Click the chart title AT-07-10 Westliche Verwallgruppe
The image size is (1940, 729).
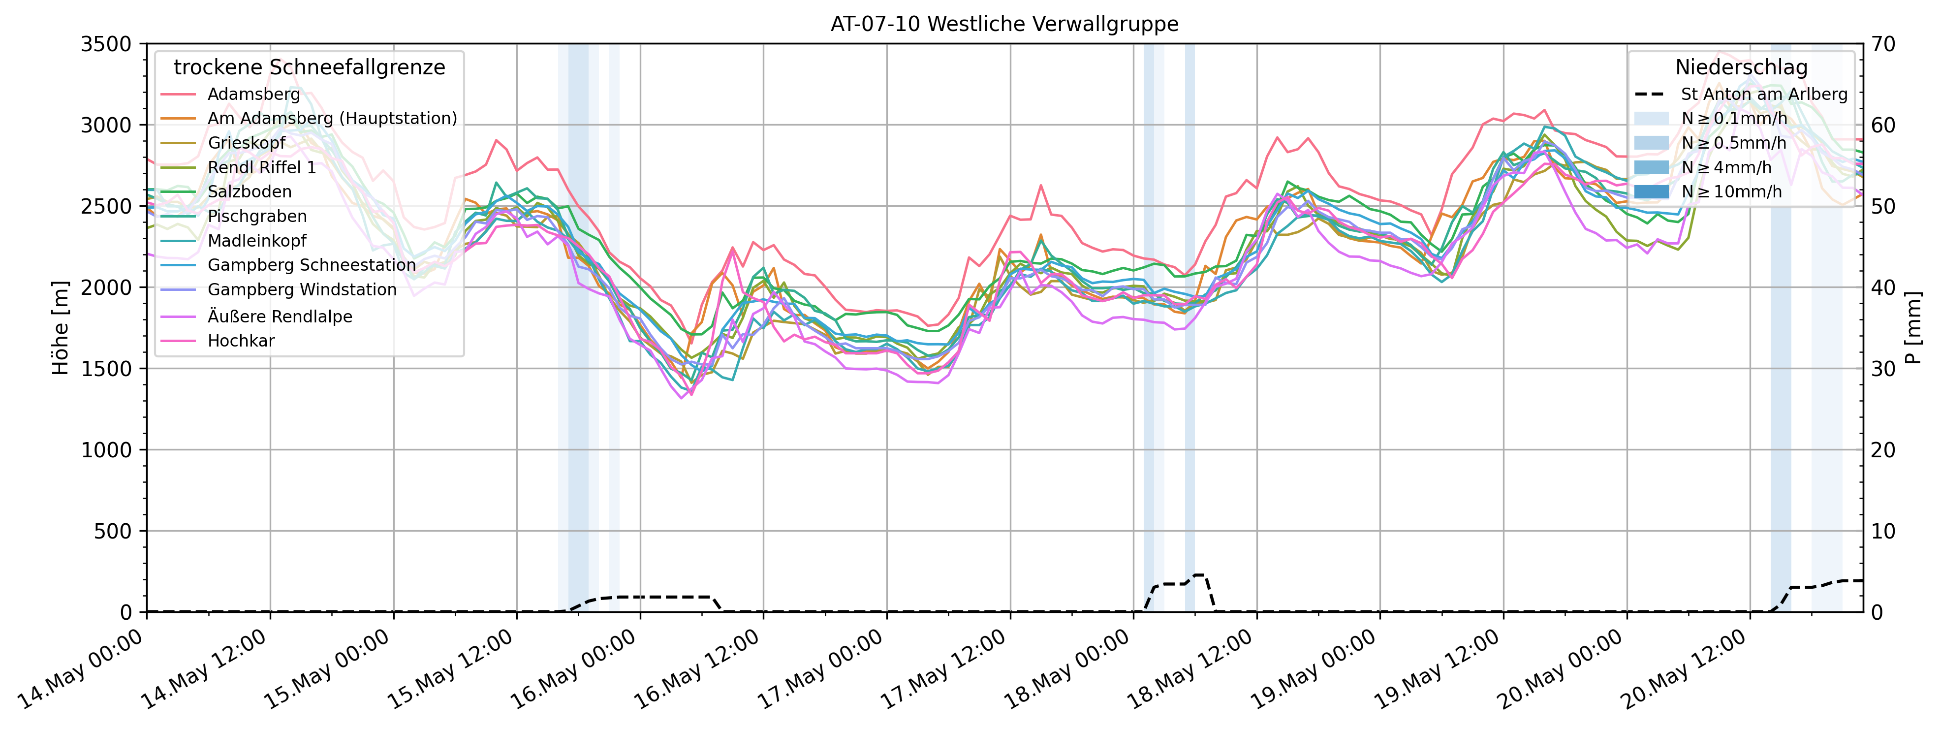tap(1004, 24)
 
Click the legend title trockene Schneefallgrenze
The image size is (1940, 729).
tap(309, 68)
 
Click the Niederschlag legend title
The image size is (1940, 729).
tap(1741, 68)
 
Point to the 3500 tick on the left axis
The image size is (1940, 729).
tap(105, 44)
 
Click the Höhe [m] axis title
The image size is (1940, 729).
tap(60, 328)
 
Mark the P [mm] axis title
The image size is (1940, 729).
tap(1913, 328)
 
